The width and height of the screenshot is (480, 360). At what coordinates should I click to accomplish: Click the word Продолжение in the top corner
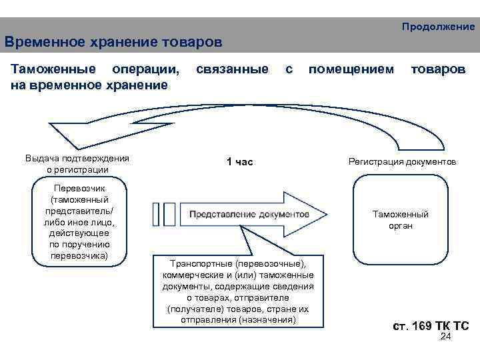[438, 27]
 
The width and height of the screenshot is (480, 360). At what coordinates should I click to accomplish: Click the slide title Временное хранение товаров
[113, 43]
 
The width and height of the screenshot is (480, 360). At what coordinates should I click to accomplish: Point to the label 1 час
[239, 162]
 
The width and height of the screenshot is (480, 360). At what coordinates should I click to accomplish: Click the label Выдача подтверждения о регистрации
[77, 163]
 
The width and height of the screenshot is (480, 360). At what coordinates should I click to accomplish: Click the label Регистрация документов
[402, 162]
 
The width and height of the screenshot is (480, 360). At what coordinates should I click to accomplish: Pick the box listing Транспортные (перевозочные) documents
[238, 291]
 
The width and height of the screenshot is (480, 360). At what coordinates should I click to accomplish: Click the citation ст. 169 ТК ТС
[431, 326]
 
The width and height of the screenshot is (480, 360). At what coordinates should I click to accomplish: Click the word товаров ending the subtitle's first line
[438, 69]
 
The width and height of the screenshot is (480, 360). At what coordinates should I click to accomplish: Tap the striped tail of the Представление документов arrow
[164, 214]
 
